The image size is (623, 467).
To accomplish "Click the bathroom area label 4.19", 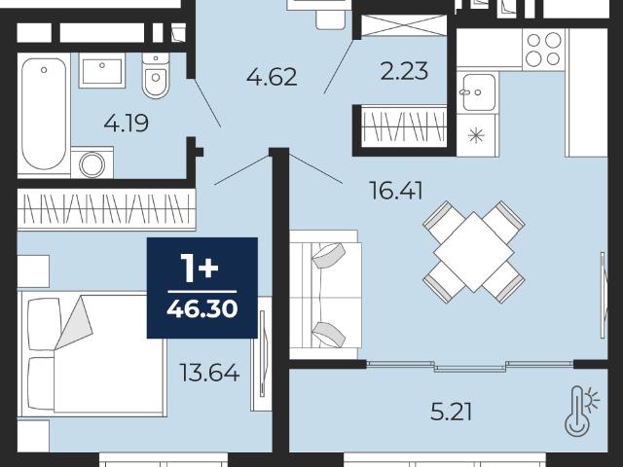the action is click(127, 123).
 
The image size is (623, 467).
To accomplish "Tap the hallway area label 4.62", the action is click(272, 77).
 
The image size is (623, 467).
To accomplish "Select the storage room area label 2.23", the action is click(404, 71).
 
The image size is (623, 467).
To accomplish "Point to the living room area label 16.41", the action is click(396, 191).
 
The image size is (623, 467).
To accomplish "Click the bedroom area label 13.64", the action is click(209, 373).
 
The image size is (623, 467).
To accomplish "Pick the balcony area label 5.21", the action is click(452, 413).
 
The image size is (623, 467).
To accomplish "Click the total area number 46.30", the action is click(202, 308).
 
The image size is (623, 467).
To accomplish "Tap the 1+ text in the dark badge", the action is click(200, 268).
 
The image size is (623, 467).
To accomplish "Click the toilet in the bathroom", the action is click(156, 76).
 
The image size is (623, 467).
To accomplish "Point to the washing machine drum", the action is click(92, 164).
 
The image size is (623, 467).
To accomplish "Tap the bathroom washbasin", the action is click(102, 71).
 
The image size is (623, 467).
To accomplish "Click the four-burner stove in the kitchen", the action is click(543, 50).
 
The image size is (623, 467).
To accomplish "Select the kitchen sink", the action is click(477, 92).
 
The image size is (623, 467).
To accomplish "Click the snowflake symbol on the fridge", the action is click(476, 136).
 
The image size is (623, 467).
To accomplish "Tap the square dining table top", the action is click(474, 252).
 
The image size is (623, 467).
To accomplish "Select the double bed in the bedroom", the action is click(93, 354).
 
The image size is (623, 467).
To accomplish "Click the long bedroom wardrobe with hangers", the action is click(106, 209).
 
